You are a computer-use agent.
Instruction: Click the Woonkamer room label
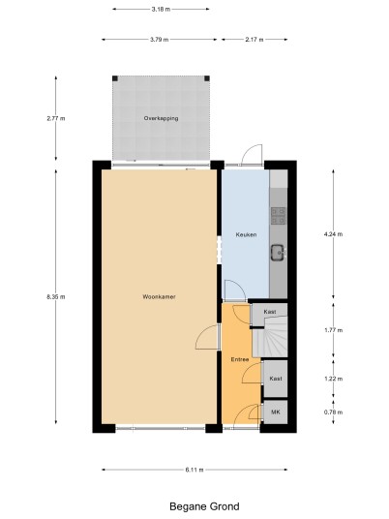(159, 297)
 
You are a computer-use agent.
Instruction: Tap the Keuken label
(246, 234)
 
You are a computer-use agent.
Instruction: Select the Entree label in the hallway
(240, 359)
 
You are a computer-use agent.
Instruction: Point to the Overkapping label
(161, 118)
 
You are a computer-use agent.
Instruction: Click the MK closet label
(276, 412)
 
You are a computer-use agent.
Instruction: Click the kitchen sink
(279, 253)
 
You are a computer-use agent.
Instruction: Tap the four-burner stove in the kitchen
(279, 216)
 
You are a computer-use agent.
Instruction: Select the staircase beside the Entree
(270, 336)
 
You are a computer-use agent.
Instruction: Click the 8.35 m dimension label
(56, 297)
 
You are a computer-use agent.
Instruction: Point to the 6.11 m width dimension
(194, 470)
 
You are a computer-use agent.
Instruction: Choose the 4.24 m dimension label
(334, 234)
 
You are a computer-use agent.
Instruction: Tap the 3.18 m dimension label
(161, 10)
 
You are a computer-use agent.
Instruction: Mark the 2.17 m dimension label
(254, 40)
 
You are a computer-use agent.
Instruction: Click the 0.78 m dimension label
(334, 412)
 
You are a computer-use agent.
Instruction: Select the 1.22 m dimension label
(334, 379)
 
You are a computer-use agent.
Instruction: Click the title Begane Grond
(204, 506)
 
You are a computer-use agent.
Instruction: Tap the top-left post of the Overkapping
(115, 78)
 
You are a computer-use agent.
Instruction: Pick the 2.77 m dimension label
(56, 118)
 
